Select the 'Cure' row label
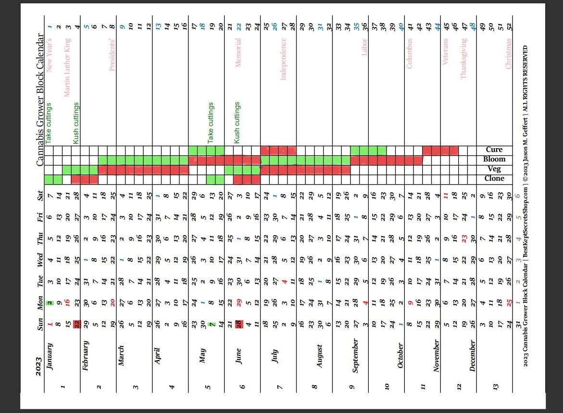pos(494,150)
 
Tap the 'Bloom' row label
pos(494,159)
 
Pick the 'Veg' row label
pos(494,169)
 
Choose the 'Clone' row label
pos(494,178)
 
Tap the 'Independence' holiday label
pos(283,59)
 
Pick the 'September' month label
pos(355,356)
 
